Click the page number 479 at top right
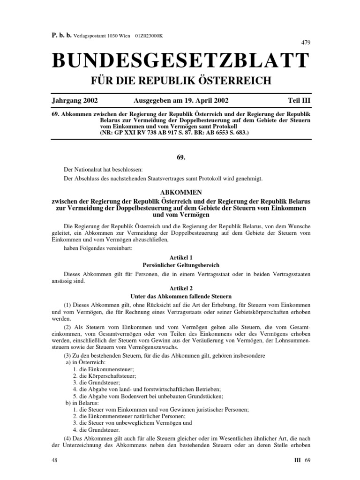(x=305, y=43)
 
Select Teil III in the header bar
(x=299, y=100)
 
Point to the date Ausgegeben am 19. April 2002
(x=181, y=100)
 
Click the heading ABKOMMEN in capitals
(x=180, y=192)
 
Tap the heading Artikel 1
(x=180, y=257)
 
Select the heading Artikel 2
(x=180, y=289)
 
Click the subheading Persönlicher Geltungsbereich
(x=180, y=265)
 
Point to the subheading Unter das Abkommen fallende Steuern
(x=180, y=296)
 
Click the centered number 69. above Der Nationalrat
(x=180, y=159)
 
